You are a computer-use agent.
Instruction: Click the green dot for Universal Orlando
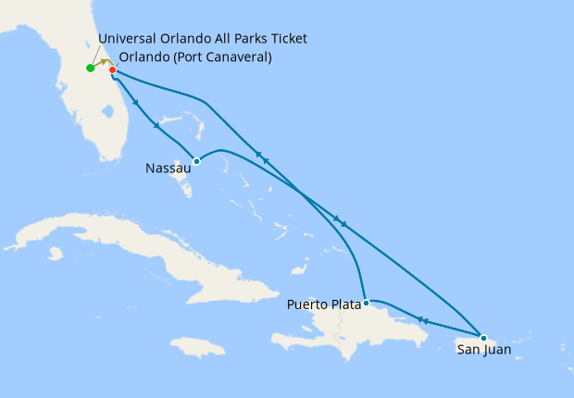click(x=90, y=68)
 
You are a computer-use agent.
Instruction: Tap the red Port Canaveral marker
click(x=112, y=70)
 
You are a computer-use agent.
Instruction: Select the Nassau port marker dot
click(x=196, y=161)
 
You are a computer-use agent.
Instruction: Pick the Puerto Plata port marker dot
click(x=367, y=303)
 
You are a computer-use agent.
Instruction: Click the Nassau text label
click(x=168, y=168)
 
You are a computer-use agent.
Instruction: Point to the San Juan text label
click(x=483, y=350)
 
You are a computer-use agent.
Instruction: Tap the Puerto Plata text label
click(x=323, y=304)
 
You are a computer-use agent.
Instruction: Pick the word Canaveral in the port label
click(x=240, y=57)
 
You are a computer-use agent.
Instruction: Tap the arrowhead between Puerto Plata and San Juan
click(x=422, y=320)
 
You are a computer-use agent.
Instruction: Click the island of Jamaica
click(x=198, y=347)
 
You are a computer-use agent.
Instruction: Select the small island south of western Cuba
click(x=56, y=253)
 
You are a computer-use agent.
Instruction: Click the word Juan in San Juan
click(x=496, y=350)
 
